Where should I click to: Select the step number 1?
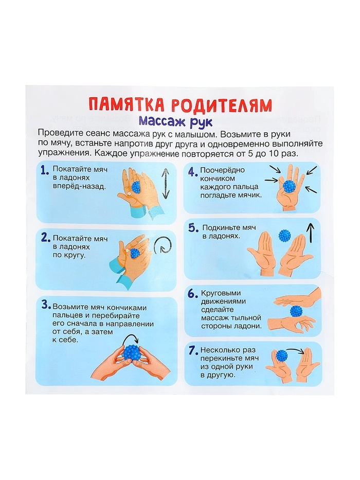click(44, 170)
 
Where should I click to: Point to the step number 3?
click(45, 304)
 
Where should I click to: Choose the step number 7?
click(192, 351)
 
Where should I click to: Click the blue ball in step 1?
click(136, 187)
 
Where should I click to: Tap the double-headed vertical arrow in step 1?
click(165, 183)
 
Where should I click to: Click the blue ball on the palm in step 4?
click(290, 186)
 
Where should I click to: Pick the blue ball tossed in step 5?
click(284, 235)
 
